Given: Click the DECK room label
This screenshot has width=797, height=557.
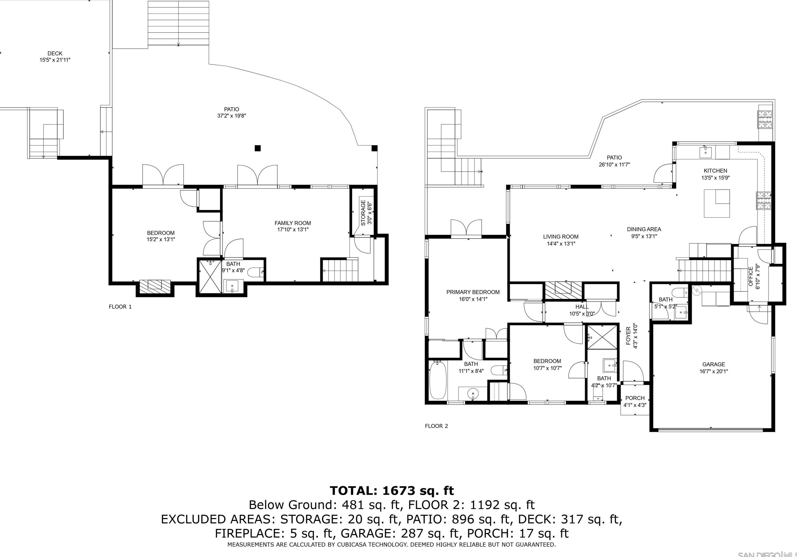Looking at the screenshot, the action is [x=55, y=53].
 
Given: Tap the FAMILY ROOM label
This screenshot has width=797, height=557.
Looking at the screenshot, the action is [x=293, y=223].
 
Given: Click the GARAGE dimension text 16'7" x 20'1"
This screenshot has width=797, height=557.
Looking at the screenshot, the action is [x=714, y=371].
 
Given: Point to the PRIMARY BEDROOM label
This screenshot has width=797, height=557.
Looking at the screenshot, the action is [x=473, y=292].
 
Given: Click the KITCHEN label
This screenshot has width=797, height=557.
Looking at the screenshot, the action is [x=715, y=171].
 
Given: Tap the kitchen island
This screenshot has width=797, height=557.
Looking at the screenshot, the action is [x=717, y=203].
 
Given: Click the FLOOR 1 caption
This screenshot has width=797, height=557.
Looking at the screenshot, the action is [x=120, y=307].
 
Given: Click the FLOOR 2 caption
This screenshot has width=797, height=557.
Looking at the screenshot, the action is [x=436, y=426].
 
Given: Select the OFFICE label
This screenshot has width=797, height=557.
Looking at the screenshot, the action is [x=751, y=276].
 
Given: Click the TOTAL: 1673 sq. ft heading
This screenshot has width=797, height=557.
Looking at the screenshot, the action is [x=392, y=491].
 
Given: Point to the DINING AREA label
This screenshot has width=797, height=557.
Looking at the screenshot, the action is [x=644, y=229].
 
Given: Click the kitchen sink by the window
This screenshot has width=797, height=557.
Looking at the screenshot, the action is [x=705, y=152].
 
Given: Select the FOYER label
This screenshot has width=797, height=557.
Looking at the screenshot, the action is [x=628, y=336].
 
